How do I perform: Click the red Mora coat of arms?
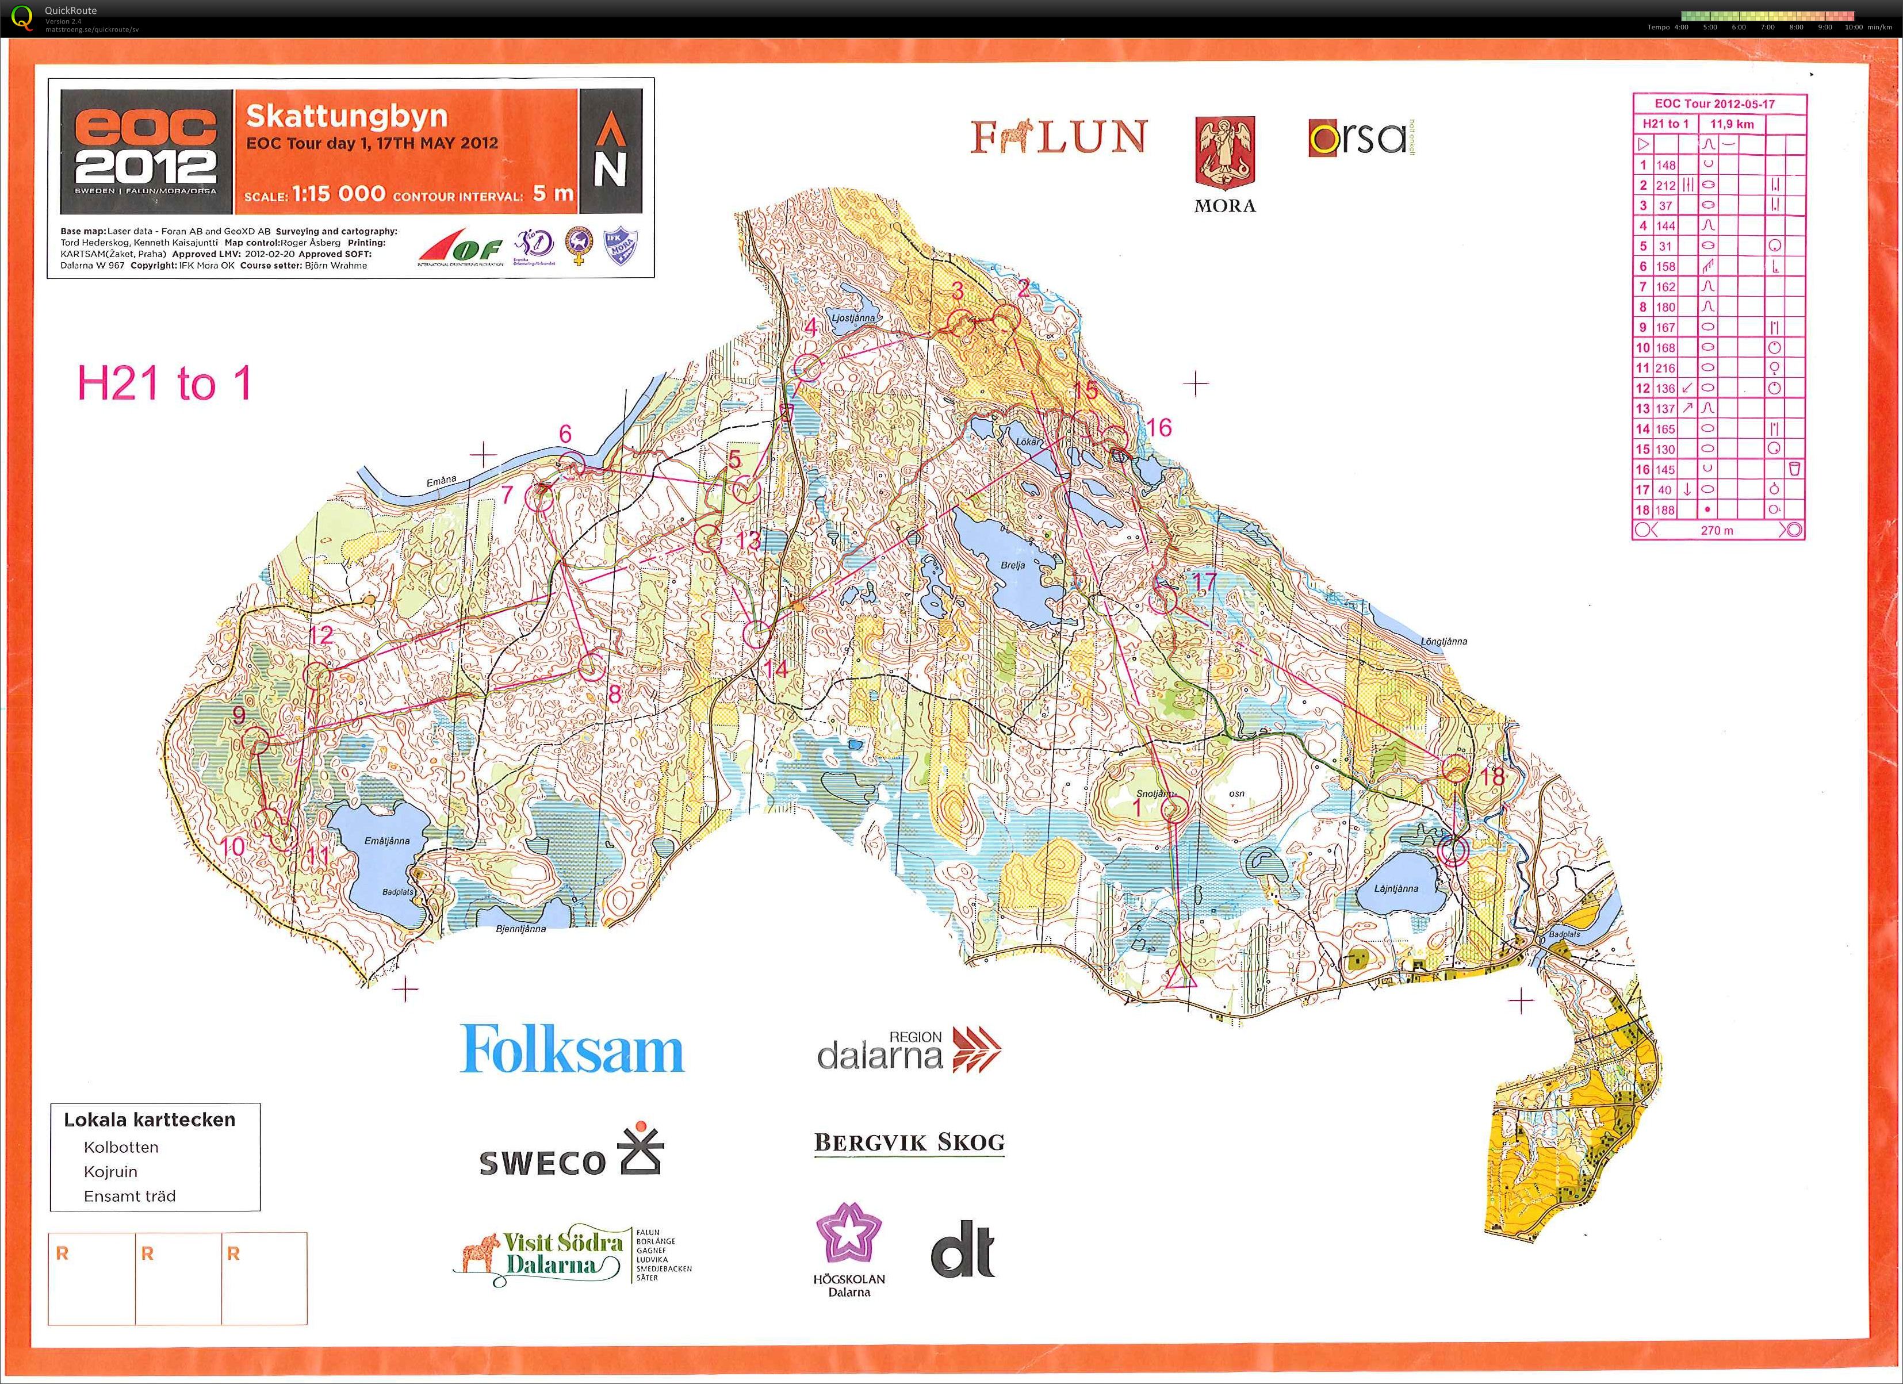coord(1224,152)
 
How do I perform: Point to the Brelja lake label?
coord(1013,565)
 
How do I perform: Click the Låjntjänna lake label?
coord(1396,888)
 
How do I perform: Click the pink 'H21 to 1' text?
coord(164,384)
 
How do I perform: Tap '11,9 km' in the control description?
coord(1732,124)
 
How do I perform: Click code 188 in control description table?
coord(1665,510)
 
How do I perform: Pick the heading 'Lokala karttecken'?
coord(150,1119)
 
